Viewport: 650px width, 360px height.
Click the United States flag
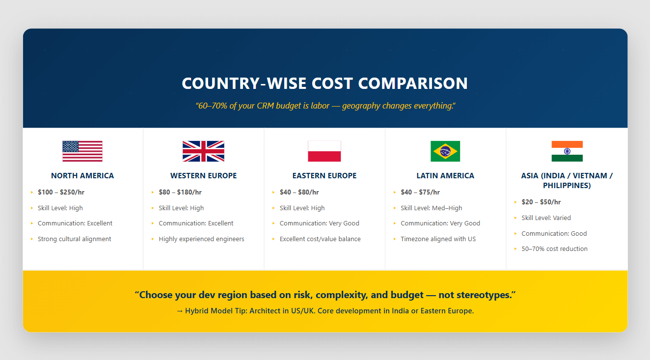(x=82, y=151)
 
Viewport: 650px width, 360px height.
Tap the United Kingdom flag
(x=203, y=151)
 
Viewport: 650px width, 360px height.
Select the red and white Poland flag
(x=325, y=151)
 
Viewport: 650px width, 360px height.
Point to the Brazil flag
(x=445, y=151)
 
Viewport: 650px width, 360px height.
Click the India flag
(x=567, y=151)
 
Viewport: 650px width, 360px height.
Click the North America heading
(x=82, y=176)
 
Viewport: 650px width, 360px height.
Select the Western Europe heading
(x=203, y=176)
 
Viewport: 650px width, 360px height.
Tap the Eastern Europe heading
(x=325, y=176)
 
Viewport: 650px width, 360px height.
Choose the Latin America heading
(x=445, y=176)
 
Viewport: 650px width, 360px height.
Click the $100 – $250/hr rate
(x=61, y=192)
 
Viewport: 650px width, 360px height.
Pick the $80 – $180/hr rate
(x=180, y=192)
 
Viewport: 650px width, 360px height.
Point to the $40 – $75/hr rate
(x=420, y=192)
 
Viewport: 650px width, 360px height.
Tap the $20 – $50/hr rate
(x=541, y=202)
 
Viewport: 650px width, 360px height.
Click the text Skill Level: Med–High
(x=431, y=208)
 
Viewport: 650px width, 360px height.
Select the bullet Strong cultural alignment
(x=74, y=239)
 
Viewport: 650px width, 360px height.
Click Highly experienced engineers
(x=201, y=239)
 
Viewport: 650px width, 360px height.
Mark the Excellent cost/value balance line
(x=320, y=239)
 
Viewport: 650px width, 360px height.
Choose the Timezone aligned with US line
(x=438, y=239)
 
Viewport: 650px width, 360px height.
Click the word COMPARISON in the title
(x=413, y=83)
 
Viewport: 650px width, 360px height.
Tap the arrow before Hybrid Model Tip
(x=180, y=311)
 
